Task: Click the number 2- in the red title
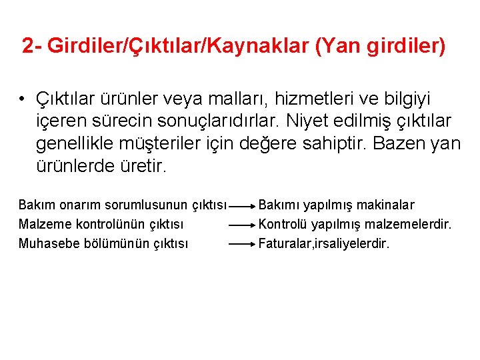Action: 32,46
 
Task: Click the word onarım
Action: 75,205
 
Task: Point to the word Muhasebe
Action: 49,243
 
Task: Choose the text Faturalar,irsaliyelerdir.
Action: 323,243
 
